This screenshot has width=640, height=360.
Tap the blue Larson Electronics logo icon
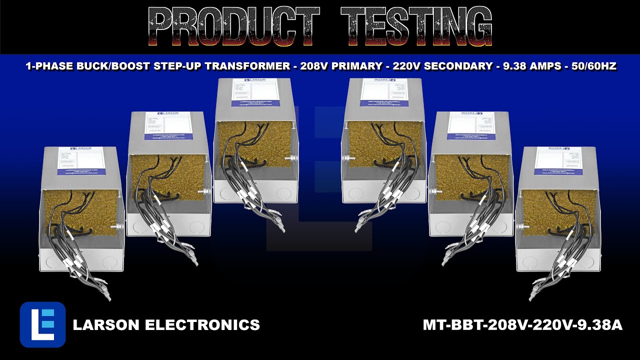click(x=42, y=324)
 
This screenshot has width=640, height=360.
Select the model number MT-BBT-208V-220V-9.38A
click(x=522, y=325)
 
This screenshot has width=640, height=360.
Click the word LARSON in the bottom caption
click(x=106, y=325)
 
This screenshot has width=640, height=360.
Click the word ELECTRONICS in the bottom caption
click(x=202, y=325)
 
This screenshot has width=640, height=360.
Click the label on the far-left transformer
click(x=81, y=161)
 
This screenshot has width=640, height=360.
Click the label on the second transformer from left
click(x=168, y=126)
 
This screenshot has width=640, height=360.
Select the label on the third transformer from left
click(x=255, y=92)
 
